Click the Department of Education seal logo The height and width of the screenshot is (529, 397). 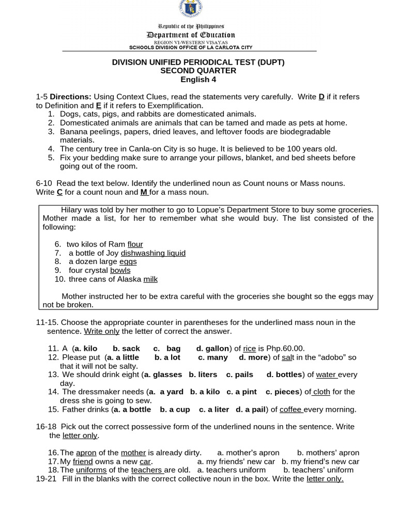[190, 8]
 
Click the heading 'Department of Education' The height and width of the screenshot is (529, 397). [191, 35]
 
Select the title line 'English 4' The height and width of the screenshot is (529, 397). [198, 80]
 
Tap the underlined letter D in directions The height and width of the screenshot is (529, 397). [322, 97]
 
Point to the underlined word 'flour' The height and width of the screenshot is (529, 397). [135, 244]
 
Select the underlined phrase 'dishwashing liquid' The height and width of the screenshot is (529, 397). [153, 253]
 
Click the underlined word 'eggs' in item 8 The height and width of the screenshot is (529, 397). [128, 262]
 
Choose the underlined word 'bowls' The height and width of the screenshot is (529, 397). [120, 270]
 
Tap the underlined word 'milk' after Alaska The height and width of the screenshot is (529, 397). [150, 279]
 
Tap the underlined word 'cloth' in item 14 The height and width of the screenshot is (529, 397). [321, 392]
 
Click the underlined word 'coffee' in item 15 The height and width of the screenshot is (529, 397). [291, 410]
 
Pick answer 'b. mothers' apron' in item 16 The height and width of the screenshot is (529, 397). [328, 453]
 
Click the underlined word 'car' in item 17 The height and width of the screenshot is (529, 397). [145, 461]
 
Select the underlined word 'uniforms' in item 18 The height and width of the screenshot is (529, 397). [91, 470]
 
